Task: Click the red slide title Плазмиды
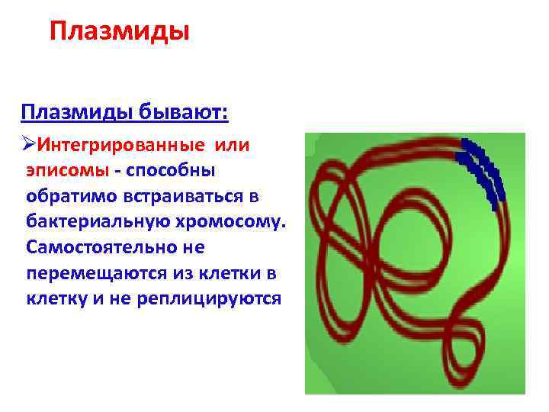click(x=118, y=33)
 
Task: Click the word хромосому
click(x=232, y=222)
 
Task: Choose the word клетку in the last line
click(x=56, y=299)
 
